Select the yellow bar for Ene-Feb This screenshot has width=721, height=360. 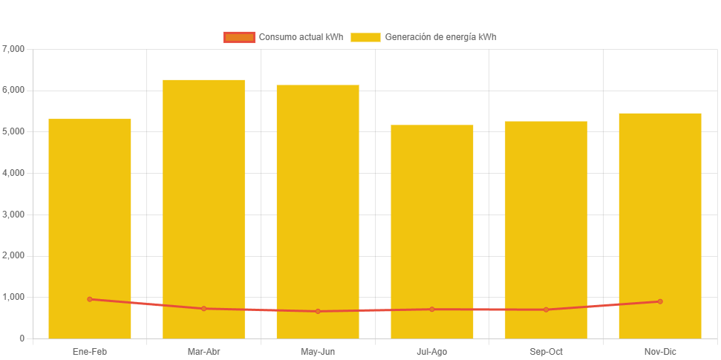(90, 223)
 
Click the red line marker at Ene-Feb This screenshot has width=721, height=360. (90, 299)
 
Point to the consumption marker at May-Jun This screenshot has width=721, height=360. (318, 311)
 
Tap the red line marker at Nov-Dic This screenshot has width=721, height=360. (660, 301)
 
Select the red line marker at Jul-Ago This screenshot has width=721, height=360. (431, 309)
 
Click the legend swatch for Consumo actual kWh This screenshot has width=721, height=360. (239, 37)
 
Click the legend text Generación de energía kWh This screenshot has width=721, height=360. (440, 37)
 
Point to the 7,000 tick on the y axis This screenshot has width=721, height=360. (14, 49)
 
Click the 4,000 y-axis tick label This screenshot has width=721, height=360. (14, 173)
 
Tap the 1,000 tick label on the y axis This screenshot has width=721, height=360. (14, 297)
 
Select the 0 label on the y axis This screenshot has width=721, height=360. (22, 338)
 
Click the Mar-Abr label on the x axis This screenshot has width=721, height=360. (203, 351)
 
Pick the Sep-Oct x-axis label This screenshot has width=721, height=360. (546, 351)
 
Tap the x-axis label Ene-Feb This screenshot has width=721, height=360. (90, 351)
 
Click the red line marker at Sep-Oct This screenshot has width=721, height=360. (546, 310)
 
